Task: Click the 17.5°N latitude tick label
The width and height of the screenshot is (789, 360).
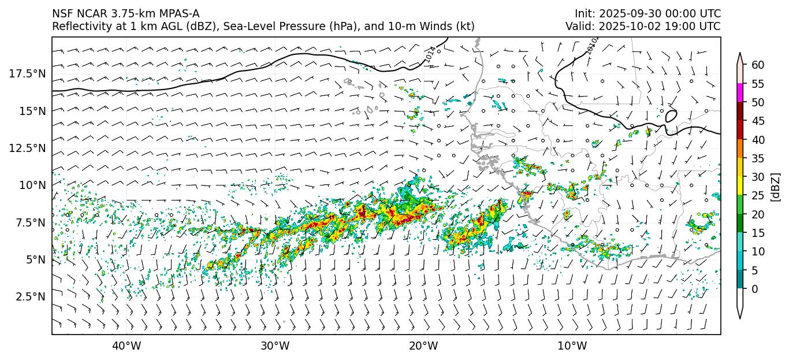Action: [27, 73]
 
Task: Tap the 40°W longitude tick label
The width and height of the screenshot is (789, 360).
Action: [126, 346]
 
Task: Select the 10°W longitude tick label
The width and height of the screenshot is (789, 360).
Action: [572, 346]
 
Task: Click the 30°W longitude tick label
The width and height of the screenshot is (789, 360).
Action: [274, 346]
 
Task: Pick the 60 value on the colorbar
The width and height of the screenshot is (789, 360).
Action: [757, 65]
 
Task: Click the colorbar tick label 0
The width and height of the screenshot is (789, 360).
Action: [754, 289]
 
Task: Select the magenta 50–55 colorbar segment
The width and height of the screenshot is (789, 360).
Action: [740, 93]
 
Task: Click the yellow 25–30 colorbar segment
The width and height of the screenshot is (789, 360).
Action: [740, 186]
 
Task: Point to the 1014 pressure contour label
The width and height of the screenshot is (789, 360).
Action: [430, 54]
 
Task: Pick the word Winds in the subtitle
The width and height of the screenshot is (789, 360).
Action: [438, 27]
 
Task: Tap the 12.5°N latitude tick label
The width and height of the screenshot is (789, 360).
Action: [27, 148]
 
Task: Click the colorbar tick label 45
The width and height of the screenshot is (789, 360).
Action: [757, 121]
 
